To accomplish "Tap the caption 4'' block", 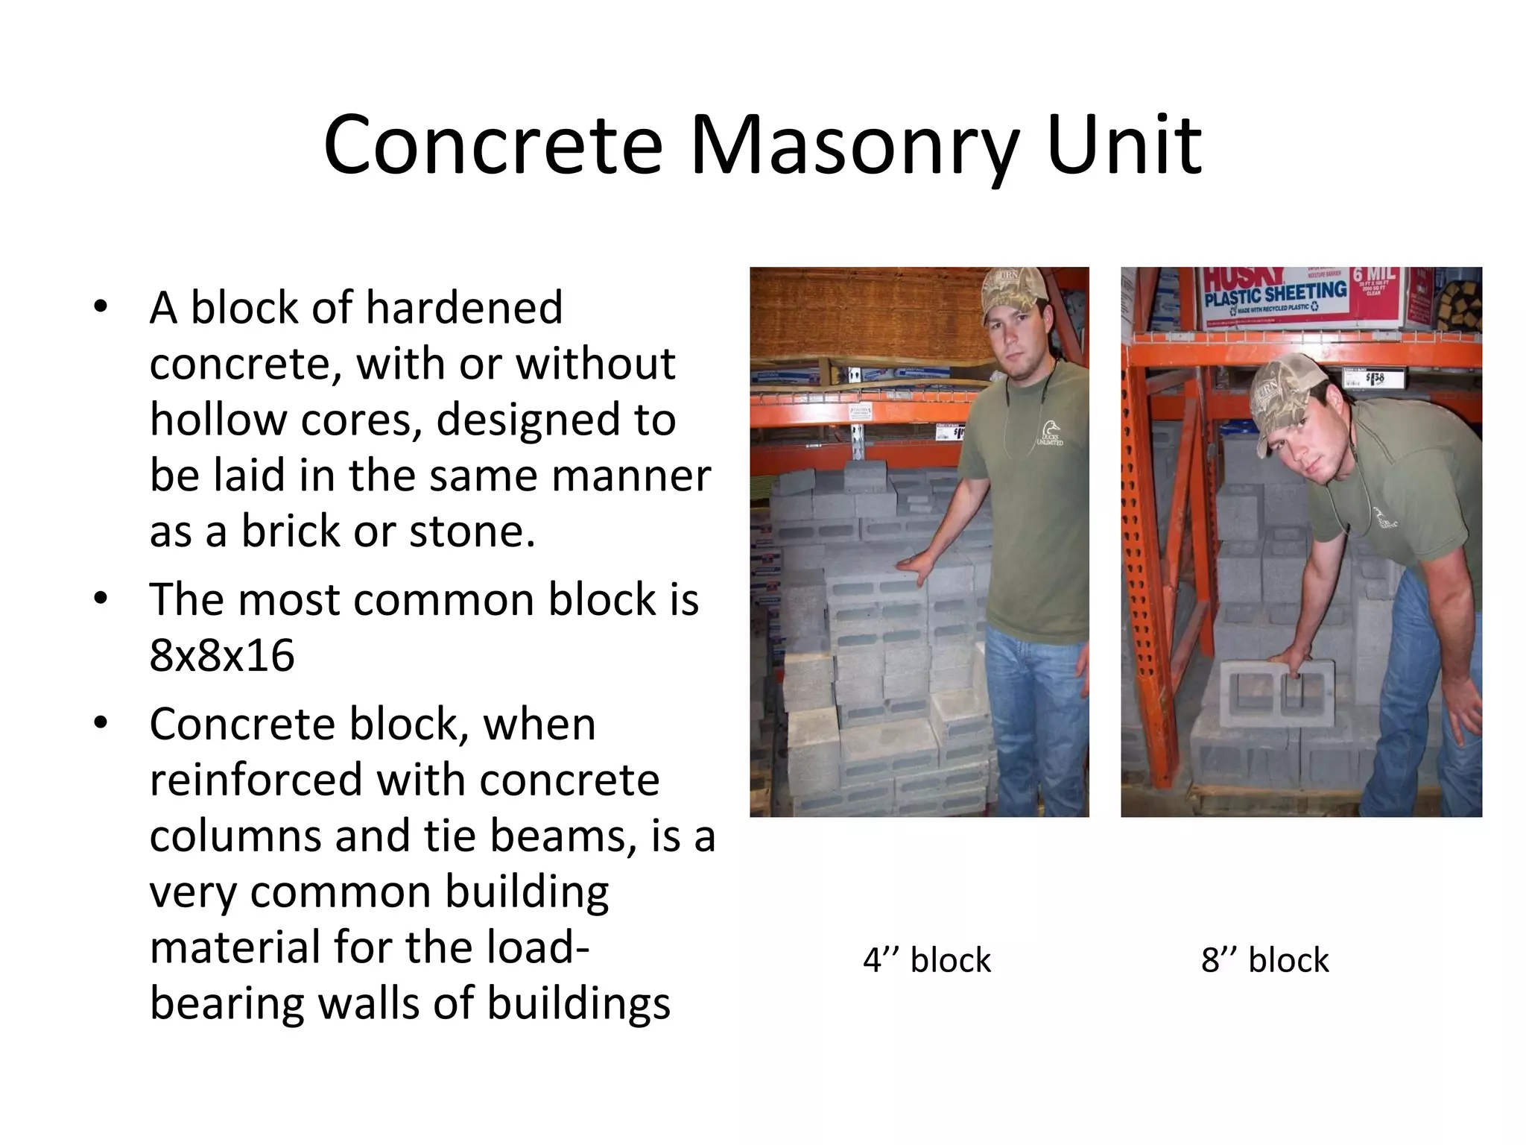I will (x=926, y=960).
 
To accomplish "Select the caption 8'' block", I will (x=1264, y=960).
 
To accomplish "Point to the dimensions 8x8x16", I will (x=222, y=656).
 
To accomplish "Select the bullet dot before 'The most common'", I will (x=101, y=599).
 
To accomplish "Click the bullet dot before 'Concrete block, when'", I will (x=101, y=723).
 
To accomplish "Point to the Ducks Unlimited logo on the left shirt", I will (x=1048, y=433).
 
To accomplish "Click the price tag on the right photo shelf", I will (x=1374, y=377).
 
